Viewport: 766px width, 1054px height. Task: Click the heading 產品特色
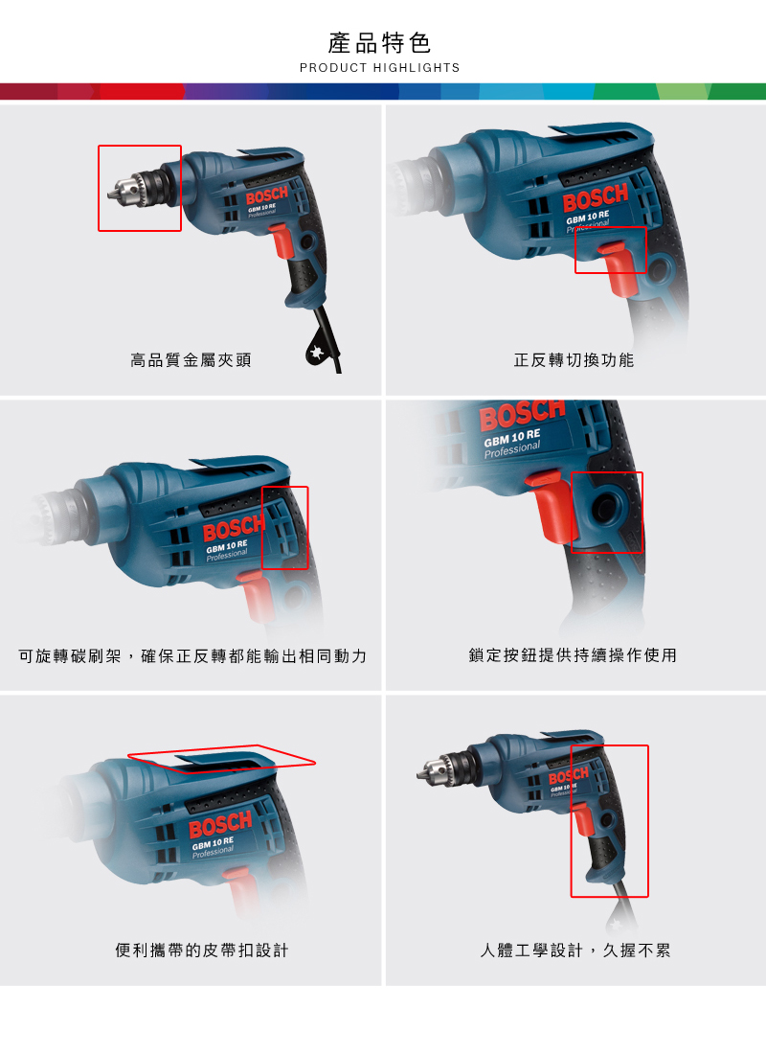coord(379,43)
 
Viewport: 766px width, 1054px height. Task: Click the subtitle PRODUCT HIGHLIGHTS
coord(379,68)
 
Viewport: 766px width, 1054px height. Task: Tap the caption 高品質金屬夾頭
coord(191,360)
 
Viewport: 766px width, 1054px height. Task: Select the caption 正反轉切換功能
coord(574,360)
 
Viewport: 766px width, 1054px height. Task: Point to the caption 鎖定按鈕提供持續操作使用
coord(573,655)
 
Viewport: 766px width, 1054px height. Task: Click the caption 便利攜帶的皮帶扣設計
coord(202,951)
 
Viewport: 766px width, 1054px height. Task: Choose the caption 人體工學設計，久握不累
coord(575,951)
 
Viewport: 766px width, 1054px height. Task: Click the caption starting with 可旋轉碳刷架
coord(192,656)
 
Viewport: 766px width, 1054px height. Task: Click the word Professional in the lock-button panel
coord(512,449)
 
